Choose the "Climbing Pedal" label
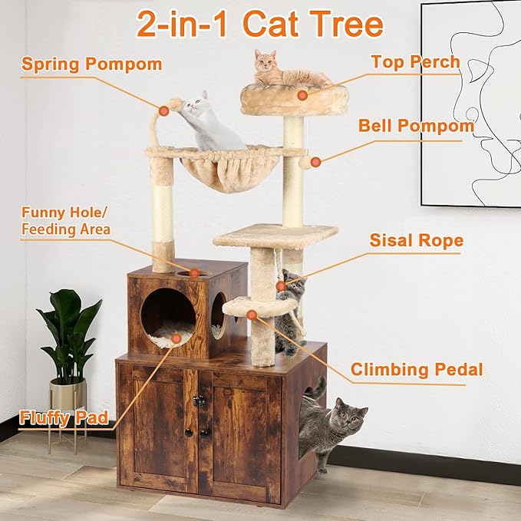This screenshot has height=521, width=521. click(x=417, y=370)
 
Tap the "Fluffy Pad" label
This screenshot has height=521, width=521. click(x=64, y=419)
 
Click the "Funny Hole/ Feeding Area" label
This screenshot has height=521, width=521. click(x=66, y=221)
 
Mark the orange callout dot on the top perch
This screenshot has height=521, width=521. click(x=302, y=95)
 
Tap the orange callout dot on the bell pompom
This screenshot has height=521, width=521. click(x=313, y=162)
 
